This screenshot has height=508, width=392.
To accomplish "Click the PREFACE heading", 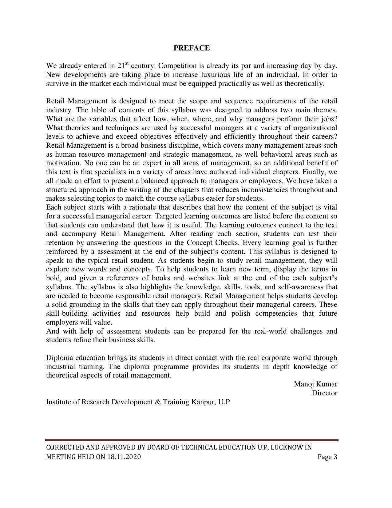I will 192,48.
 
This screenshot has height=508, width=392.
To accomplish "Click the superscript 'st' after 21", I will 127,63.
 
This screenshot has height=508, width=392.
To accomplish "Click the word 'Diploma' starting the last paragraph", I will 60,358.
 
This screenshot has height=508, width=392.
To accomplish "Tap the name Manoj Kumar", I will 315,384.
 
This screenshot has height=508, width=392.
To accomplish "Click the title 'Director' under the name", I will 324,393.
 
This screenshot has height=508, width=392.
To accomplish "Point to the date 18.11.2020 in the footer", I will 124,457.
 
